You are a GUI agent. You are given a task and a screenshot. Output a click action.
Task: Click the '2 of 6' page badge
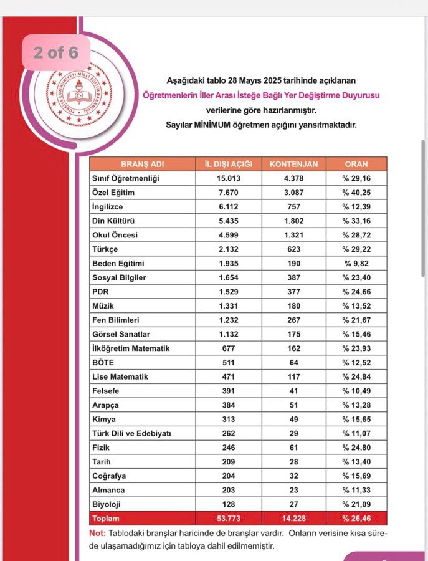56,52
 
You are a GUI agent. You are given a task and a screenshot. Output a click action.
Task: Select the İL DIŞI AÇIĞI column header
228,165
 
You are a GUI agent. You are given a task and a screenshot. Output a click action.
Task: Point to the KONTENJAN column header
293,165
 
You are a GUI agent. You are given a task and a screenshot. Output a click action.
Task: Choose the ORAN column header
356,165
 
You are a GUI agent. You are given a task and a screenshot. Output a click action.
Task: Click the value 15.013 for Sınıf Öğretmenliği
228,179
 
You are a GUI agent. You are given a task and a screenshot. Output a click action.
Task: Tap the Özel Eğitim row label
113,193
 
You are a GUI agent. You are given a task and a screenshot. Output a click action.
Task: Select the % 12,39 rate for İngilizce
356,207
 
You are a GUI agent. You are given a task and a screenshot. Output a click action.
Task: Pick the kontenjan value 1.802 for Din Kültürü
293,221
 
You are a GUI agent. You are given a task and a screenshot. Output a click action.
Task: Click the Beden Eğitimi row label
118,264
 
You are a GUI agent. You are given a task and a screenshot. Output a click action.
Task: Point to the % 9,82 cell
356,264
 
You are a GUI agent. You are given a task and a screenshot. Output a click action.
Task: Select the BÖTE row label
103,363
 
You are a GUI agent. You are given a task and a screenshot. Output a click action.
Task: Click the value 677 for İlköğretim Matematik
228,348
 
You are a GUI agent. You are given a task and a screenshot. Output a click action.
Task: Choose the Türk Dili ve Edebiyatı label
131,433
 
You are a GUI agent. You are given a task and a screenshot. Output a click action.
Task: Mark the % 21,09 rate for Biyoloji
356,504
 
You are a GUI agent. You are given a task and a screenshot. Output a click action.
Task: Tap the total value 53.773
228,519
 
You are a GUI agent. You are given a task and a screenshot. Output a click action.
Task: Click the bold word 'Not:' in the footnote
98,534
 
